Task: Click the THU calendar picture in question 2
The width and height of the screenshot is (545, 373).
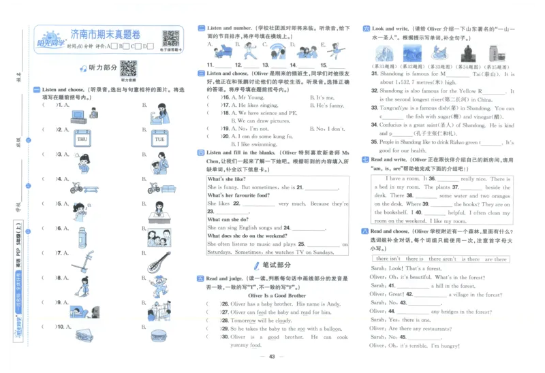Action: point(82,140)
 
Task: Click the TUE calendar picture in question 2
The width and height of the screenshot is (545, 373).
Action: point(159,140)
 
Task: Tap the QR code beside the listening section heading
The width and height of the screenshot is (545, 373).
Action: point(128,68)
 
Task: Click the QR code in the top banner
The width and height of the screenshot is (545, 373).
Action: point(170,38)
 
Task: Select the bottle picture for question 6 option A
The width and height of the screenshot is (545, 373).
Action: point(82,236)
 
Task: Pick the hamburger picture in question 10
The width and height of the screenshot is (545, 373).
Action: point(158,334)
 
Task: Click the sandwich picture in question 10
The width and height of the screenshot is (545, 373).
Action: point(84,334)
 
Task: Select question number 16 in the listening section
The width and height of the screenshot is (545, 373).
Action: point(226,97)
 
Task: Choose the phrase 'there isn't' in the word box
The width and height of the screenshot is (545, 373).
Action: point(389,259)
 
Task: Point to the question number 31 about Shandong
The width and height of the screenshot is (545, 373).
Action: point(375,74)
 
